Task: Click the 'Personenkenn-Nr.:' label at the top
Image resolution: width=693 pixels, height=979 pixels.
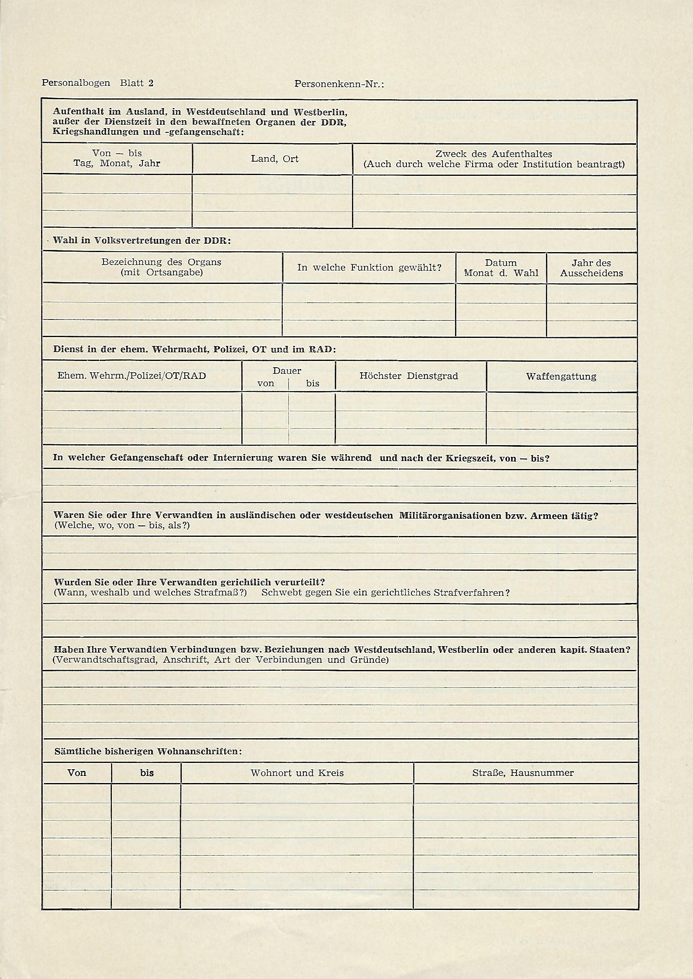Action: [x=339, y=85]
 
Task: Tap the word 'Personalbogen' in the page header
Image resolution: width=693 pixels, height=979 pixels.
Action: [x=75, y=83]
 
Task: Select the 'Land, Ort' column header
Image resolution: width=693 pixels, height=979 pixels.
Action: [x=274, y=159]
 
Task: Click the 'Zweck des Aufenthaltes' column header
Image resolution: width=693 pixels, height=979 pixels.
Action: [x=494, y=154]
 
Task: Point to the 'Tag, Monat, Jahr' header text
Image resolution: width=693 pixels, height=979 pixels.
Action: [x=117, y=163]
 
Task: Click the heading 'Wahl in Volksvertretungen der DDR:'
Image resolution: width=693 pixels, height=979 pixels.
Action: [x=142, y=240]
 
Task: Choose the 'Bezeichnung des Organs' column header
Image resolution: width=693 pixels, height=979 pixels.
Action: [x=161, y=262]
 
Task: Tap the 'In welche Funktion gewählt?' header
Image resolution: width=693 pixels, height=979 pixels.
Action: [x=369, y=268]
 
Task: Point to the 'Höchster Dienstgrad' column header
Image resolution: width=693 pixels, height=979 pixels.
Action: [x=409, y=376]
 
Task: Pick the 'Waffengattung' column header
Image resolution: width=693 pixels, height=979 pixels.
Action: [x=561, y=376]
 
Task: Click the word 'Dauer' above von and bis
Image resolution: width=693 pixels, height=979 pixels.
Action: [x=287, y=371]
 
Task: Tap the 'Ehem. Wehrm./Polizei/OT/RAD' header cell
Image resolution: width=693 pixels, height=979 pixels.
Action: [x=132, y=376]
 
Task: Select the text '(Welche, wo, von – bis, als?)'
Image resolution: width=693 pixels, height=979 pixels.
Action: [x=122, y=526]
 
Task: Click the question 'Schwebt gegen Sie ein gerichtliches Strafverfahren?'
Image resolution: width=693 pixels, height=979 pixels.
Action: [x=385, y=593]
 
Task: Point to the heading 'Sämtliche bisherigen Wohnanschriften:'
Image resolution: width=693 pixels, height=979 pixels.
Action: [x=148, y=751]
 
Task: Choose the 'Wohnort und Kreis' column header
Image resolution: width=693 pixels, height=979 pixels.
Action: [x=297, y=773]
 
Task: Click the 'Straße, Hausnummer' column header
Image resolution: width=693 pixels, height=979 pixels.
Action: [x=523, y=773]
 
